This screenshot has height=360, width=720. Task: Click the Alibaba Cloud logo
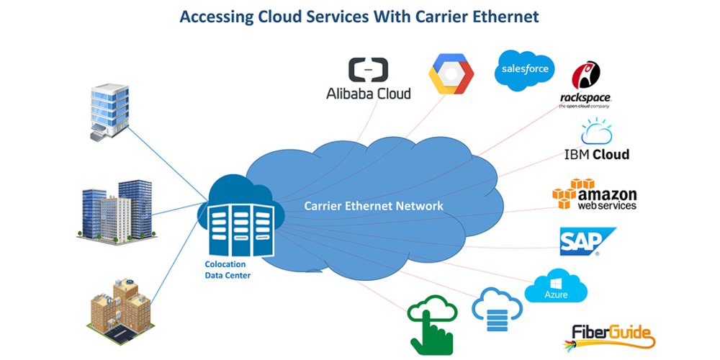pyautogui.click(x=369, y=78)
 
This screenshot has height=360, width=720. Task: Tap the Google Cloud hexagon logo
pyautogui.click(x=451, y=74)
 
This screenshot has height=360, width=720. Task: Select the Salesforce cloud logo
pyautogui.click(x=525, y=70)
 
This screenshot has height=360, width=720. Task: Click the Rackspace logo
pyautogui.click(x=585, y=85)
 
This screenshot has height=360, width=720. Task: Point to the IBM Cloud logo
pyautogui.click(x=597, y=142)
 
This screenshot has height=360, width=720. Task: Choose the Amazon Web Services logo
pyautogui.click(x=595, y=194)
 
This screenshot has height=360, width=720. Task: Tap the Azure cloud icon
pyautogui.click(x=556, y=287)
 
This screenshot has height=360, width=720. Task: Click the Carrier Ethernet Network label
pyautogui.click(x=374, y=206)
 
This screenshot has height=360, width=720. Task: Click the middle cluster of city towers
pyautogui.click(x=116, y=210)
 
